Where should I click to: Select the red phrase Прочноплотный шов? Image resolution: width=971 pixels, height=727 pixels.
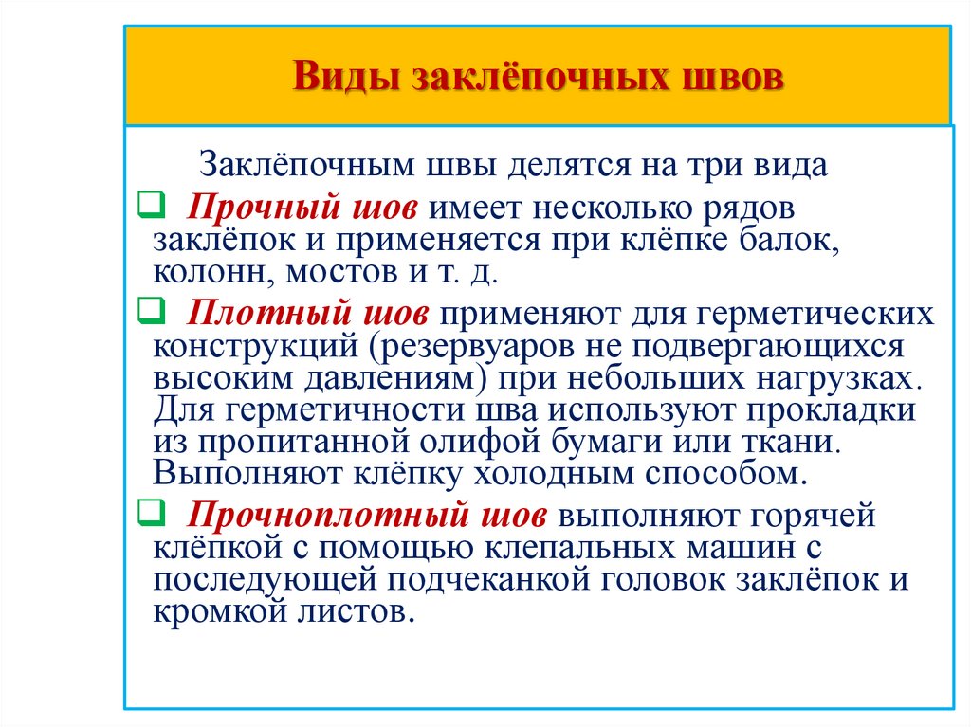366,517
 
